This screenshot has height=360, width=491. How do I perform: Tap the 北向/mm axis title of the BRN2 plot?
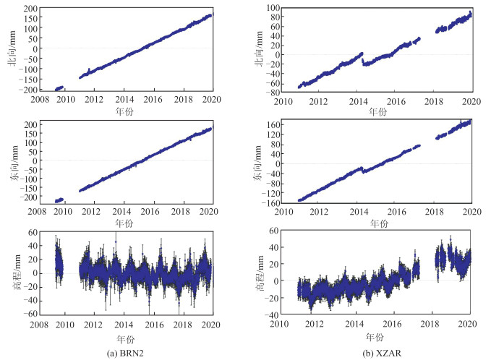pyautogui.click(x=9, y=49)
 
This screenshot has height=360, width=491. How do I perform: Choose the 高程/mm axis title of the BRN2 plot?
pyautogui.click(x=9, y=274)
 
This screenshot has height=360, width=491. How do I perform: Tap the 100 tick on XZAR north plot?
pyautogui.click(x=279, y=8)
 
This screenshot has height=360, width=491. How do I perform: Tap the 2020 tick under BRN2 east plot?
pyautogui.click(x=208, y=211)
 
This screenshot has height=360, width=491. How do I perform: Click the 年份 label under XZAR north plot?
pyautogui.click(x=377, y=112)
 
